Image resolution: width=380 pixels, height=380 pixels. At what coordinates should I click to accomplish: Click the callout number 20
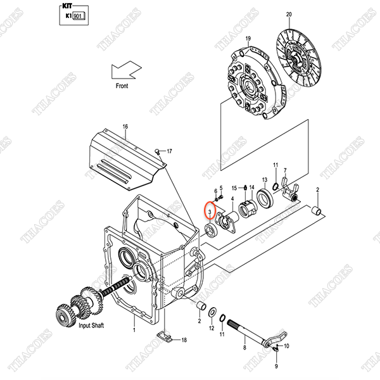pyautogui.click(x=307, y=13)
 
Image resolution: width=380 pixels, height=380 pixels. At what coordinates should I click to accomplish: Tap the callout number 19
pyautogui.click(x=248, y=38)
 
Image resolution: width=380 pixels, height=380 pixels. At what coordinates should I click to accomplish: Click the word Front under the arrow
pyautogui.click(x=122, y=85)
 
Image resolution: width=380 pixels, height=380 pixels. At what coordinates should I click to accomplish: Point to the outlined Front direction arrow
pyautogui.click(x=126, y=68)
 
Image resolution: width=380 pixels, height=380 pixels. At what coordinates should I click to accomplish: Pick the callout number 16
pyautogui.click(x=125, y=127)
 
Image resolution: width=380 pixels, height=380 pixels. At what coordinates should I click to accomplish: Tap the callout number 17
pyautogui.click(x=170, y=151)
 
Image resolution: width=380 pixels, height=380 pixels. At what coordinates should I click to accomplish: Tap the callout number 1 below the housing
pyautogui.click(x=134, y=330)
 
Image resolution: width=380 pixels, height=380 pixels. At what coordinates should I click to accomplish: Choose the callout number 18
pyautogui.click(x=184, y=340)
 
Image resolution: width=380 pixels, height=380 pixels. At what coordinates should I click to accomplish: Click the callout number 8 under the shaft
pyautogui.click(x=244, y=348)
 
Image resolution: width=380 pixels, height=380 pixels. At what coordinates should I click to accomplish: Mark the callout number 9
pyautogui.click(x=276, y=366)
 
